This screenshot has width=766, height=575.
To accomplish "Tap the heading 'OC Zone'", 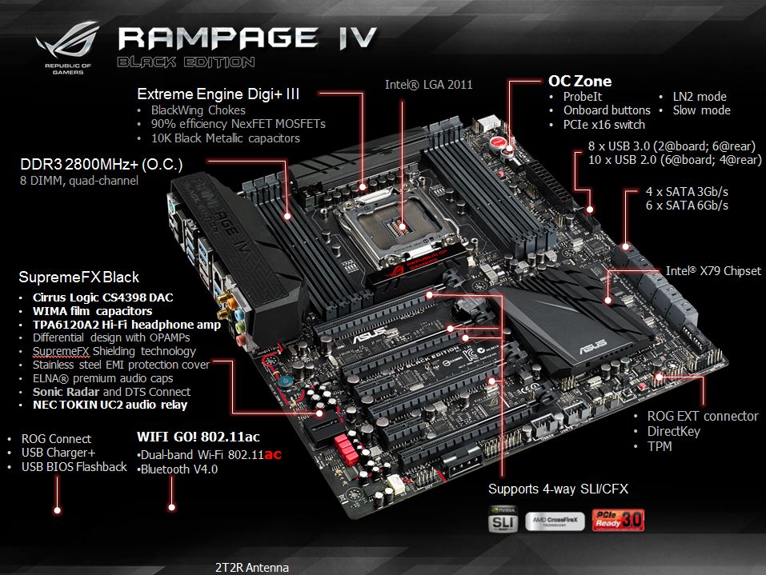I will (x=580, y=81).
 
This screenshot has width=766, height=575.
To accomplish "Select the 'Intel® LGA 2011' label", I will (x=428, y=84).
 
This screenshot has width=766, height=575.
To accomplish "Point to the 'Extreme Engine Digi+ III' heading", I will (x=219, y=94).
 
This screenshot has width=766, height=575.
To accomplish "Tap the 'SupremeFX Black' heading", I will (x=78, y=278).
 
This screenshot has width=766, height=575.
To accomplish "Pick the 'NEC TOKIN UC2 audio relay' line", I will (x=110, y=405).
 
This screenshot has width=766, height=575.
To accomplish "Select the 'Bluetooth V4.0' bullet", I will (x=179, y=469).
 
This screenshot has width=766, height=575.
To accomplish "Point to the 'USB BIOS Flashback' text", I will (x=74, y=467).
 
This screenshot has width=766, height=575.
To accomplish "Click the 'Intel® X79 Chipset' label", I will (x=713, y=271).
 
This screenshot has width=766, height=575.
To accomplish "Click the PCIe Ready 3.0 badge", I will (x=616, y=519).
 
